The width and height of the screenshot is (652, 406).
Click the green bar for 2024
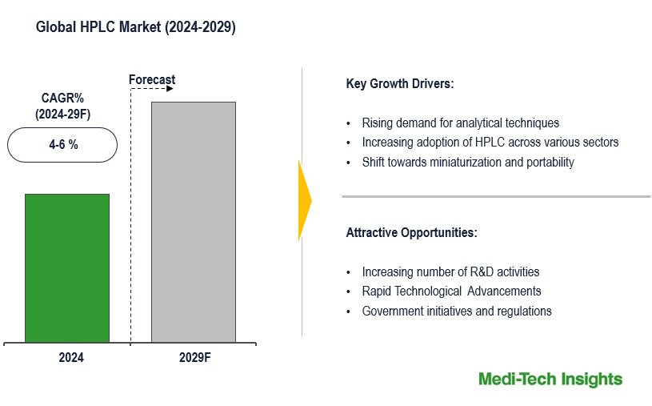click(66, 268)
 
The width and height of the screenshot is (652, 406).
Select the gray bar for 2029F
click(194, 222)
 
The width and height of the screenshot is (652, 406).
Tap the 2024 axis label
click(70, 358)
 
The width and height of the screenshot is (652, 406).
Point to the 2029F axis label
click(194, 358)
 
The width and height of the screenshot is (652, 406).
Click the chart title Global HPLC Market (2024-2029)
click(136, 27)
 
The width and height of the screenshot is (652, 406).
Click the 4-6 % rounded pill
click(62, 145)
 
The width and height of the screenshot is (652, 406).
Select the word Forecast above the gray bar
click(152, 80)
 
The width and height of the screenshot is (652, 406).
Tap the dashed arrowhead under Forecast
click(170, 89)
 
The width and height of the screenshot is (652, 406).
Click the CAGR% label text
click(62, 98)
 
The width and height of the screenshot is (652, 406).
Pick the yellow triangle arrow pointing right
click(304, 200)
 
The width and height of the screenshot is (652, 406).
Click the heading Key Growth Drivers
click(400, 84)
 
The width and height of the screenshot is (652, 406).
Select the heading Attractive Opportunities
click(411, 233)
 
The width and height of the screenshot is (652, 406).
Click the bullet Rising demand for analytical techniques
click(460, 123)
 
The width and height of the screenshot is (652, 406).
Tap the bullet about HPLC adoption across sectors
click(490, 143)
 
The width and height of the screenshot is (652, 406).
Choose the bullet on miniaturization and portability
click(468, 163)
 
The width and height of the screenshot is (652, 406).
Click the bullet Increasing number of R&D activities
click(450, 272)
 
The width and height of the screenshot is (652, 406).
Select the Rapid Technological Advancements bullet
click(451, 291)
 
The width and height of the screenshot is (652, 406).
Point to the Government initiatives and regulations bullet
click(457, 311)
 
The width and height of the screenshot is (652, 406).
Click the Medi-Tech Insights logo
click(550, 379)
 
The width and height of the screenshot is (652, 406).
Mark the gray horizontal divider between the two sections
click(496, 196)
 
